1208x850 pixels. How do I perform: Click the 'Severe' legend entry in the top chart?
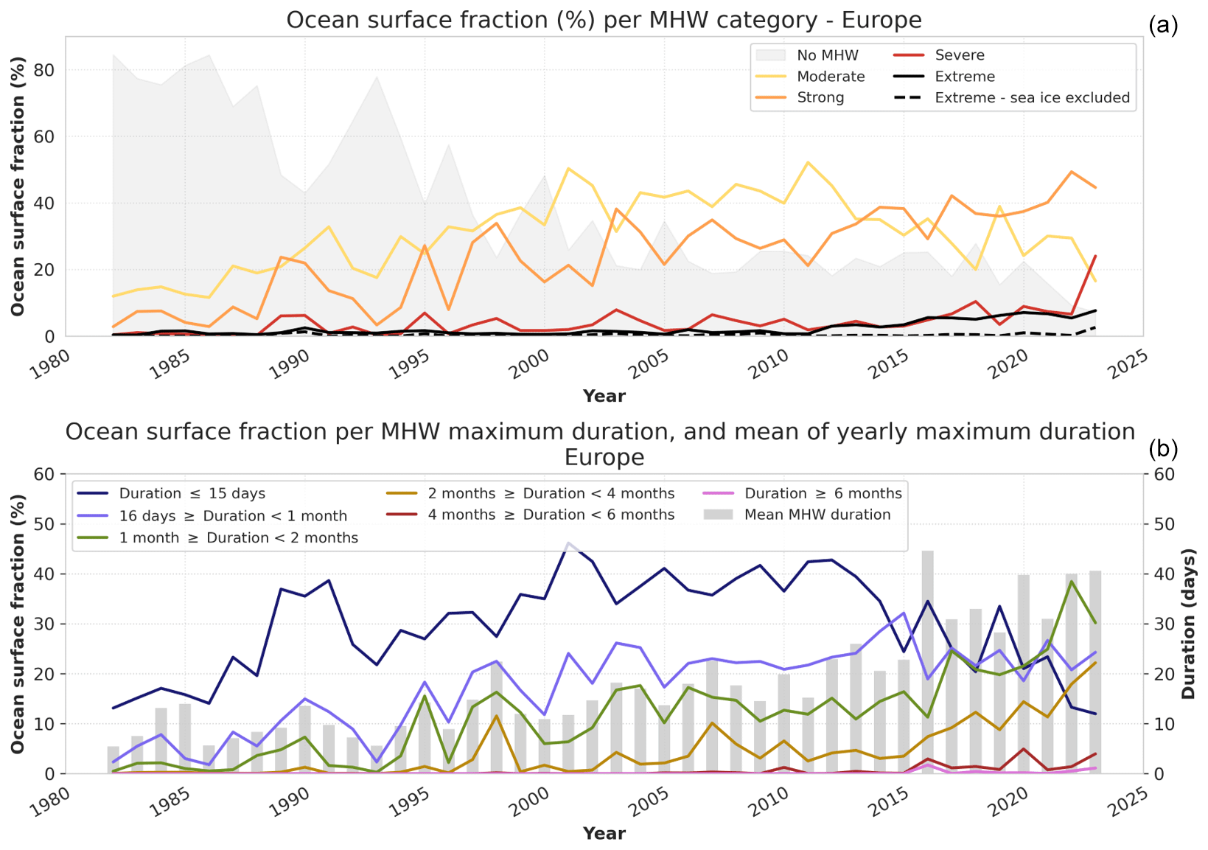pos(959,55)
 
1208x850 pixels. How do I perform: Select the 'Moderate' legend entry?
pos(831,77)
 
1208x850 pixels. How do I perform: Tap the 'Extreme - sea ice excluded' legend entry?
pos(1032,98)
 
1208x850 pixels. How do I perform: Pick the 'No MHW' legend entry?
pos(828,55)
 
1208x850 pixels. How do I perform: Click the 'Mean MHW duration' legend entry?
pos(817,515)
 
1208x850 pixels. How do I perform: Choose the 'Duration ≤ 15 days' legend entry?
pos(192,494)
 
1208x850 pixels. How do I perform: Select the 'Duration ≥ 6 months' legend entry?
pos(823,494)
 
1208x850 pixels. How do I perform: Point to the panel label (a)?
pos(1163,26)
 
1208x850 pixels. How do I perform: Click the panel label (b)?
pos(1163,448)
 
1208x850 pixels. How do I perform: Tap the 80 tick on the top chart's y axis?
pos(45,70)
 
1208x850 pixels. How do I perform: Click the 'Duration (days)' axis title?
pos(1188,624)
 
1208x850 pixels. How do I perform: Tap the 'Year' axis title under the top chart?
pos(604,397)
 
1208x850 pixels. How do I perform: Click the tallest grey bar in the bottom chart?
pos(927,662)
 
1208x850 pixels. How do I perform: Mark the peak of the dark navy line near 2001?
pos(568,543)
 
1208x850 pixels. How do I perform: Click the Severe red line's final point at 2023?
pos(1095,256)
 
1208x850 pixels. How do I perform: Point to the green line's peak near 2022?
pos(1071,582)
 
